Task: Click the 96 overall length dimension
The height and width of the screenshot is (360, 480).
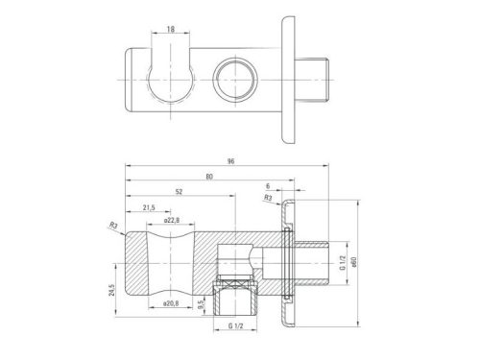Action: (230, 161)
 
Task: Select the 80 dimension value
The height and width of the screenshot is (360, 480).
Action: (209, 177)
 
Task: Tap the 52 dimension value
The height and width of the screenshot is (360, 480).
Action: (179, 192)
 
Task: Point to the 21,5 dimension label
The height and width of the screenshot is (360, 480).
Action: (149, 207)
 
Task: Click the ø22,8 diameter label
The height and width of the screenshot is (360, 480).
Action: (172, 220)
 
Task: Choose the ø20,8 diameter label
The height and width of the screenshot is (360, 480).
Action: (171, 303)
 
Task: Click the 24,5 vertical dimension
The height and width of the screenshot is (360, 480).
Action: (111, 290)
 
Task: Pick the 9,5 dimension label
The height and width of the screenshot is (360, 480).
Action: (201, 304)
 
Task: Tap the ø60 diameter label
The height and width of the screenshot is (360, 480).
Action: (354, 262)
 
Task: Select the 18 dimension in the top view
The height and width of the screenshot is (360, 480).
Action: (171, 29)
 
